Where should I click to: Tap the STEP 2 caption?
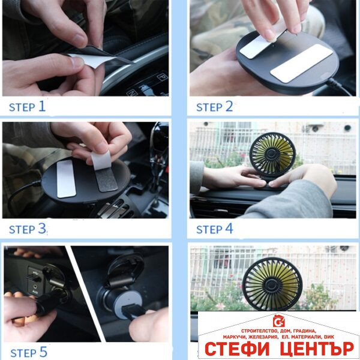click(214, 107)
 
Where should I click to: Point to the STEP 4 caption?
click(214, 229)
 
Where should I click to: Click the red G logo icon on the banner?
click(278, 321)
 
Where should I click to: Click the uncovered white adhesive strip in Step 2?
click(301, 63)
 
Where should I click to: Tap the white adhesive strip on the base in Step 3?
click(67, 178)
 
